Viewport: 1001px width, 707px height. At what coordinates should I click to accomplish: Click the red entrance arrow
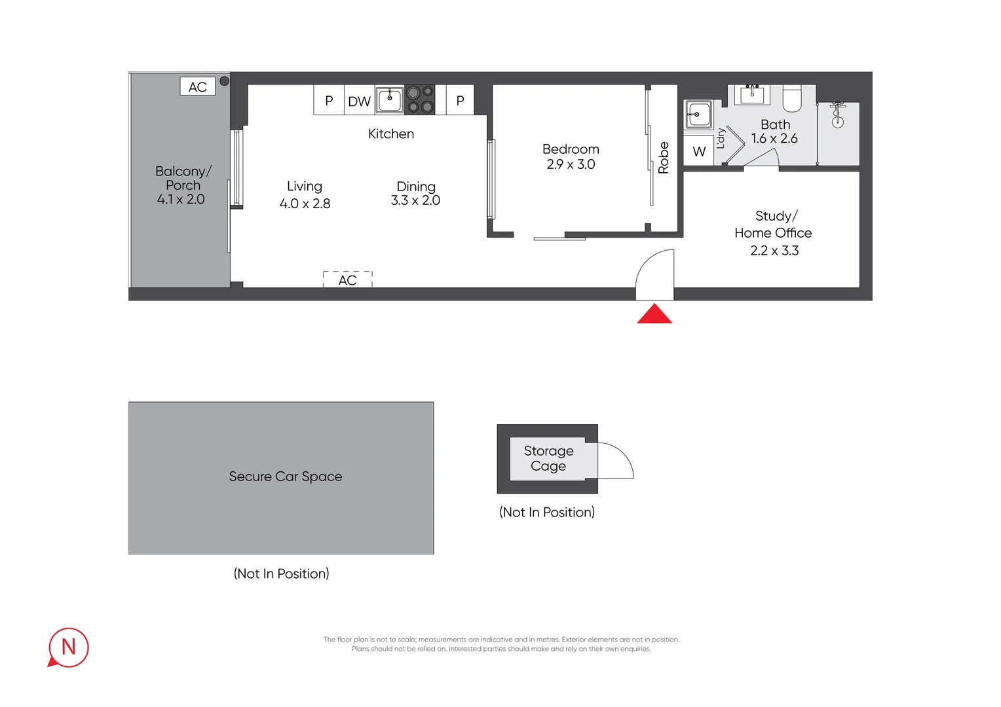(x=654, y=314)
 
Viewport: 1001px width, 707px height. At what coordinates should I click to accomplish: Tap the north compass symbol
(x=68, y=647)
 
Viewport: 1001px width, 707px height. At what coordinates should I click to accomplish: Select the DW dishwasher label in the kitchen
(x=359, y=101)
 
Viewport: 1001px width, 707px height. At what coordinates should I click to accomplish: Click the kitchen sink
(x=390, y=100)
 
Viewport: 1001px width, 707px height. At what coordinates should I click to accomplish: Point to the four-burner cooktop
(x=420, y=100)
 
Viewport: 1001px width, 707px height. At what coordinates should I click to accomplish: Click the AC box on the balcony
(x=198, y=87)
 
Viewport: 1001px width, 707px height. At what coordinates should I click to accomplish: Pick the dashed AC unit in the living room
(x=348, y=280)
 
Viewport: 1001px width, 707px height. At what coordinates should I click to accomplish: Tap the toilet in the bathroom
(x=793, y=98)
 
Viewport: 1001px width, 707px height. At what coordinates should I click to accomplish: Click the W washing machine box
(x=699, y=152)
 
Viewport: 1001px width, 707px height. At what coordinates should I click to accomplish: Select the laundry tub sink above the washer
(x=698, y=115)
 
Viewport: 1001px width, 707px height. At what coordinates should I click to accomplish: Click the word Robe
(x=664, y=158)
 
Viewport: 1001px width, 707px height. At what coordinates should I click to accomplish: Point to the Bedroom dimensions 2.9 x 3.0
(x=571, y=164)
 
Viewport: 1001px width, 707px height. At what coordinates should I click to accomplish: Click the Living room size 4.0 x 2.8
(x=305, y=204)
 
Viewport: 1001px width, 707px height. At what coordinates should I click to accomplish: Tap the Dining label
(x=416, y=187)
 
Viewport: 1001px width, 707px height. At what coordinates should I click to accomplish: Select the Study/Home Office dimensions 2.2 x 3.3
(x=774, y=251)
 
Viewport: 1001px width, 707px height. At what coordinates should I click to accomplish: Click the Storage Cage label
(x=548, y=458)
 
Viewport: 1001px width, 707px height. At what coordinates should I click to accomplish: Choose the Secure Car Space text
(x=286, y=477)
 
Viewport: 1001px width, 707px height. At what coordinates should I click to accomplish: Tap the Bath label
(x=776, y=124)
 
